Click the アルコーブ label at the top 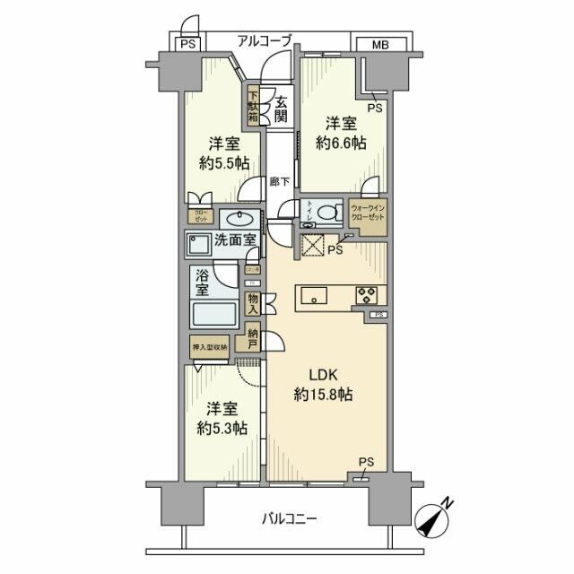[x=265, y=40]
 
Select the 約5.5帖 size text [x=223, y=163]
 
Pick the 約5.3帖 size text [x=222, y=428]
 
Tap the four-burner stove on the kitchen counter [x=369, y=293]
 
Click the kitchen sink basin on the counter [x=314, y=294]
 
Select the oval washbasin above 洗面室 [x=237, y=220]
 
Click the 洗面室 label [x=236, y=241]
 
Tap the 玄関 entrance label [x=281, y=109]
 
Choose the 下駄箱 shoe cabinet [x=254, y=105]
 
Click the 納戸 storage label [x=256, y=338]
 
